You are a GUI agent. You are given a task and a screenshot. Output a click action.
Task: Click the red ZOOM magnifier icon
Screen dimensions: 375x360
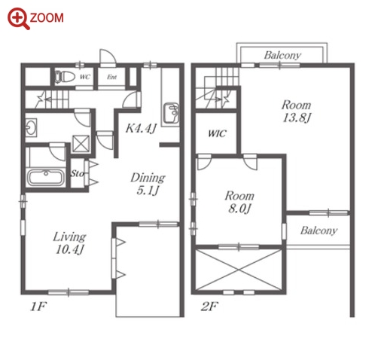click(x=17, y=18)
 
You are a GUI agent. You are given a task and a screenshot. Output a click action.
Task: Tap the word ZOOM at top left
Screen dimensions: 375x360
click(x=47, y=18)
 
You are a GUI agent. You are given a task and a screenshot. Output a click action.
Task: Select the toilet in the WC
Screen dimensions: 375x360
click(x=65, y=76)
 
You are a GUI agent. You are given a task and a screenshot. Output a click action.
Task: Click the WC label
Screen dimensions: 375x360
click(x=85, y=77)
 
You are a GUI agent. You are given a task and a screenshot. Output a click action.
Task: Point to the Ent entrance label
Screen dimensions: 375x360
click(x=111, y=77)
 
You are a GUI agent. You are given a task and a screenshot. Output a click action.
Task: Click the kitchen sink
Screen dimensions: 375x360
click(x=171, y=113)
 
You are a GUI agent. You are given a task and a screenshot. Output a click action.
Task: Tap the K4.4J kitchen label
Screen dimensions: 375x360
click(x=141, y=129)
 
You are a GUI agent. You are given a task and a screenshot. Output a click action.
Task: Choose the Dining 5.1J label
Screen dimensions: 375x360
click(x=148, y=184)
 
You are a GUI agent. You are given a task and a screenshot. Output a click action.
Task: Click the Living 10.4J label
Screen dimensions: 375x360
click(x=69, y=243)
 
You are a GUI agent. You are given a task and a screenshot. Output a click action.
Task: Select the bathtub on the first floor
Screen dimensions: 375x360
click(x=45, y=178)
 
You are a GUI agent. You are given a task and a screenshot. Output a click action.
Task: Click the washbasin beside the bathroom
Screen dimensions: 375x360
click(x=31, y=128)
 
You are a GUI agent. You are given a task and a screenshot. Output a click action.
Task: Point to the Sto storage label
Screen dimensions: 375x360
click(x=77, y=173)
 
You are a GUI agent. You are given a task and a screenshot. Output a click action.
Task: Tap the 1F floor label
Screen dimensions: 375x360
click(x=38, y=307)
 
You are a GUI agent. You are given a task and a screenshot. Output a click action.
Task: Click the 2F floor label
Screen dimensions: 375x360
click(x=209, y=307)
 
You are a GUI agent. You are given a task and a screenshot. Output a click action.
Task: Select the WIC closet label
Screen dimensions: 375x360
click(x=217, y=133)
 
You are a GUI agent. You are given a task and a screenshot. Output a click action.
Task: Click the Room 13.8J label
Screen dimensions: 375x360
click(x=296, y=111)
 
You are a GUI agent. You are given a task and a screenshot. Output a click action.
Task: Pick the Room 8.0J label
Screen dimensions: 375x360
click(x=239, y=202)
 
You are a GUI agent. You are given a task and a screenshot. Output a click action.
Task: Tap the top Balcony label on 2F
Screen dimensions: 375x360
click(x=282, y=55)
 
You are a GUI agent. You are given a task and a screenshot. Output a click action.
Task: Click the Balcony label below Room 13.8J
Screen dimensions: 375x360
click(x=319, y=230)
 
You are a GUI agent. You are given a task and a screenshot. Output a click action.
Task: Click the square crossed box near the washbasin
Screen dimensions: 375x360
click(x=81, y=144)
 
